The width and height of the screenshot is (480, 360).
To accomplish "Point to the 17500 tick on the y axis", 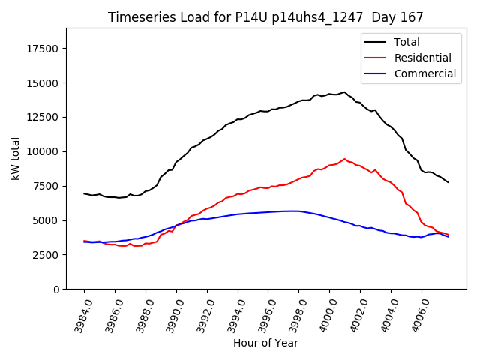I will (44, 49).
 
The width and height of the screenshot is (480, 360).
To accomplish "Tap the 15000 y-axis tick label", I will (44, 83).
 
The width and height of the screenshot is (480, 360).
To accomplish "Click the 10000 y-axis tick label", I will (44, 151).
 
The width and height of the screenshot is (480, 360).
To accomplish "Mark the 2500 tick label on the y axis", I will (47, 255).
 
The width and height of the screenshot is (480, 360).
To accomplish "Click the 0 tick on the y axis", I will (57, 289).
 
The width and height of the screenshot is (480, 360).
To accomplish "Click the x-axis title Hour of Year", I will (265, 343).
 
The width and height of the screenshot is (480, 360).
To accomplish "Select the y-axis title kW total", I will (16, 158).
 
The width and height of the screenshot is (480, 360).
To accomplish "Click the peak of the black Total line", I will (344, 92).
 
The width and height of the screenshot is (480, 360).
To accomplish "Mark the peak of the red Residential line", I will (344, 159).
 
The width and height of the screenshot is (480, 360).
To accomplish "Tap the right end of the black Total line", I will (448, 182).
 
